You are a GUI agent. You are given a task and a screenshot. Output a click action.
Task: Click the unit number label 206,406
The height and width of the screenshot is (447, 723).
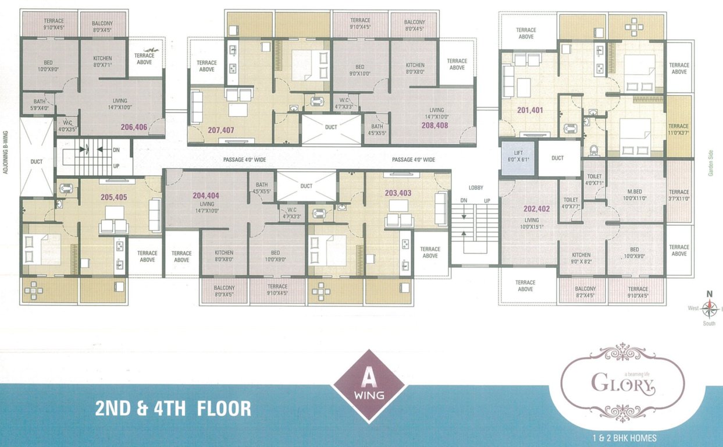[134, 127]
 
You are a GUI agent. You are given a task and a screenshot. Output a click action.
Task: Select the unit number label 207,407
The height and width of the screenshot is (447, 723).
[220, 130]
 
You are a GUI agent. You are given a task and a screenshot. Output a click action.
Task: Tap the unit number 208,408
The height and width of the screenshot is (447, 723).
[434, 125]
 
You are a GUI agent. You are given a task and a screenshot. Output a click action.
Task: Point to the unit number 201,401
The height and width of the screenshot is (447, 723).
[529, 109]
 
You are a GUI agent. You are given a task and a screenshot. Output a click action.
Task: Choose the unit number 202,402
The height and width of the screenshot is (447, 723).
[536, 209]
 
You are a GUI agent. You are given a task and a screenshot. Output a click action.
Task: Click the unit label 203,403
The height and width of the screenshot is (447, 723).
[398, 193]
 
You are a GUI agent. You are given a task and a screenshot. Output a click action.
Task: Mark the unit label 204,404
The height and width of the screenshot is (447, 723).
[206, 196]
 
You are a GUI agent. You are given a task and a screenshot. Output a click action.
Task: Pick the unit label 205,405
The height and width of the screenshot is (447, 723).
[113, 197]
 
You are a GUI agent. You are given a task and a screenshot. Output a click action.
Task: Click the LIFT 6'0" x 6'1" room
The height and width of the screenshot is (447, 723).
[517, 158]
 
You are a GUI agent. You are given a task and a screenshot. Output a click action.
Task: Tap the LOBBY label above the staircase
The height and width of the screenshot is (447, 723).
[476, 188]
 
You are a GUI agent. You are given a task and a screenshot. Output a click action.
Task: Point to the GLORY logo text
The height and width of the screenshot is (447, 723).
[622, 384]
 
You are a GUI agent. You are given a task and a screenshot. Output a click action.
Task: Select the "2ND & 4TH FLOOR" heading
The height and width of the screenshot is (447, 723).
[173, 408]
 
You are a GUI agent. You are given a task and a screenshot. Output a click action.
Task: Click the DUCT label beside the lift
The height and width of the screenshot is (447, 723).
[557, 158]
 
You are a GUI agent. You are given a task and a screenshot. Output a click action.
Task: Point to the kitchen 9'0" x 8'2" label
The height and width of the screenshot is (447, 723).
[581, 258]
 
